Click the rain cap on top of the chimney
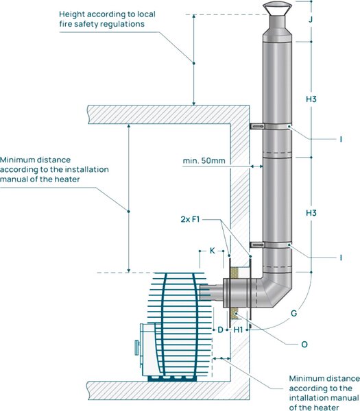[x=277, y=8]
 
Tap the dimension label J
[x=311, y=19]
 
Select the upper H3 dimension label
[x=311, y=99]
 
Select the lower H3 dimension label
[x=311, y=213]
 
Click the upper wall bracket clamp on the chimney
[x=270, y=127]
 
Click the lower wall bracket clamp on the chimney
[x=270, y=245]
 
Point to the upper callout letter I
[x=341, y=139]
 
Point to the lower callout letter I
[x=341, y=258]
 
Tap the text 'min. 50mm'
[x=204, y=160]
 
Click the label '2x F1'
[x=190, y=219]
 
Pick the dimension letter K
[x=213, y=251]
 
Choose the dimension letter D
[x=220, y=329]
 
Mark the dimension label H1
[x=238, y=329]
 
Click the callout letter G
[x=294, y=313]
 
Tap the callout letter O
[x=304, y=344]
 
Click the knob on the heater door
[x=136, y=347]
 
